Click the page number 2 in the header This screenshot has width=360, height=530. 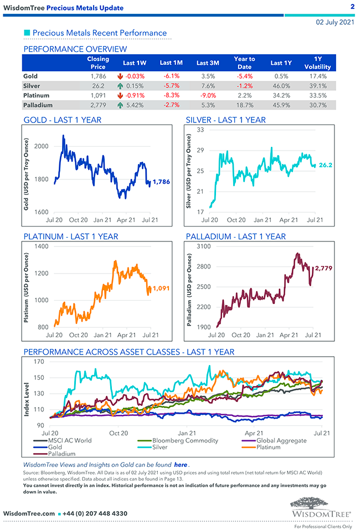pos(352,7)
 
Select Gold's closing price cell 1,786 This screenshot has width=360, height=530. pos(98,76)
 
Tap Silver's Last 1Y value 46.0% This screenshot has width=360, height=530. pos(281,86)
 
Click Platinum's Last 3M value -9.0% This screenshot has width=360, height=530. pos(208,95)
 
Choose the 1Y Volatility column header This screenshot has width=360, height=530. pos(317,63)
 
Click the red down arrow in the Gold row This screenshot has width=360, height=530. pos(119,76)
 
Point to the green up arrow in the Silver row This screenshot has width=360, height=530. pos(119,86)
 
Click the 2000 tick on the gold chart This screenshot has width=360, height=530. pos(41,146)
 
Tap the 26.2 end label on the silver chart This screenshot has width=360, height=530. pos(325,165)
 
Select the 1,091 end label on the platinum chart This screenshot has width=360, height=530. pos(164,288)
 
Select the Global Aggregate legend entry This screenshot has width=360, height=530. pos(281,440)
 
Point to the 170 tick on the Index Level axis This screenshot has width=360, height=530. pos(39,362)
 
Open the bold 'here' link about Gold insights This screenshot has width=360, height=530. pos(181,465)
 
